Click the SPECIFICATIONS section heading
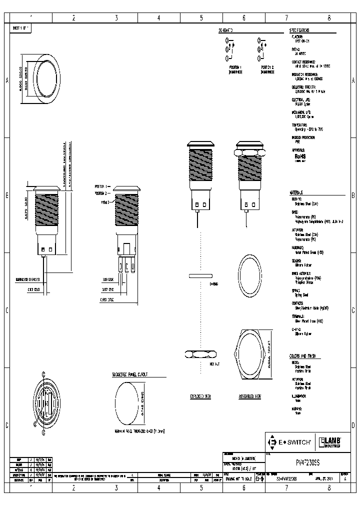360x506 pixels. point(300,30)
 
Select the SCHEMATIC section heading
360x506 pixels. point(225,30)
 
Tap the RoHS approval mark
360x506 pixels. point(299,155)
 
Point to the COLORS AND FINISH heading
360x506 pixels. point(302,356)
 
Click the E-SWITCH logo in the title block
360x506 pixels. point(289,442)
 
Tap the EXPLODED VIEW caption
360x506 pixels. point(200,396)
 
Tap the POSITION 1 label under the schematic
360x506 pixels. point(235,66)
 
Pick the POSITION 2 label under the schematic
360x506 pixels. point(268,66)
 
